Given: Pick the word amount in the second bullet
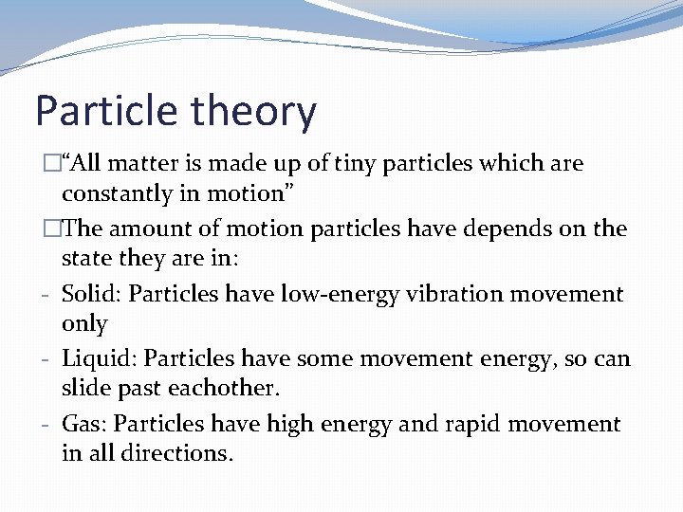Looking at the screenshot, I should tap(147, 229).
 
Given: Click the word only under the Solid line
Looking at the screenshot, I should tap(84, 324).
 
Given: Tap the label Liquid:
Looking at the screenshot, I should tap(99, 359).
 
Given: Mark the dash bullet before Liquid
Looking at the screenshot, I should tap(46, 360).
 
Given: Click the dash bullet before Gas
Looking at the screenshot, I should tap(46, 425).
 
